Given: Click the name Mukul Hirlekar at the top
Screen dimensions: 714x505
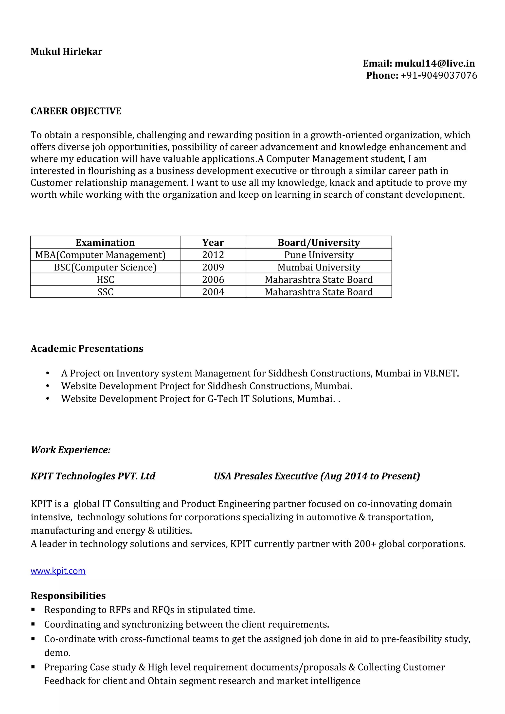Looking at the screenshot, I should pos(66,52).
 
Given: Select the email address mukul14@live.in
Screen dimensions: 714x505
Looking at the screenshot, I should pos(434,64).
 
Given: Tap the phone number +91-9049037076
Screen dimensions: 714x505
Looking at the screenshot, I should pos(438,76).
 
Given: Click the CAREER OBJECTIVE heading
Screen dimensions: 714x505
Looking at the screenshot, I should pos(76,111).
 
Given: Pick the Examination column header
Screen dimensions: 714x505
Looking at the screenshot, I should pos(105,243).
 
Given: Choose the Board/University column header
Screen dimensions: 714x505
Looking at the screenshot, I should pos(319,243).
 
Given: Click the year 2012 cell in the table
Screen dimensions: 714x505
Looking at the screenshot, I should pos(213,255).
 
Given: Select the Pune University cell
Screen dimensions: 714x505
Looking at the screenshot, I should pos(319,255).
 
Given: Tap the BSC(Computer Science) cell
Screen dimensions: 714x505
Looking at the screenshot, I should pos(105,267).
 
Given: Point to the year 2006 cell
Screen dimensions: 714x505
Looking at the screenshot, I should pos(213,280).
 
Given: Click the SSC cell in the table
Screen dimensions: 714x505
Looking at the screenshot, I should pos(105,292).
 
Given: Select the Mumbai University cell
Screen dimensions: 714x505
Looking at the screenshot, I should pos(319,267).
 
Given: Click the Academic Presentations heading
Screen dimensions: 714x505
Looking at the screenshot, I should pos(87,349).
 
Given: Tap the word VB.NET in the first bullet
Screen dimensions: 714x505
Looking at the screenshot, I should pos(441,374).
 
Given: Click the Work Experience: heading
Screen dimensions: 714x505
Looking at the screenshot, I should pos(71,450).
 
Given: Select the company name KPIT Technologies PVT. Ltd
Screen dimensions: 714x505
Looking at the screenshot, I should pos(93,476).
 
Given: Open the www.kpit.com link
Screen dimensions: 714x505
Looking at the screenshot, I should pos(58,571).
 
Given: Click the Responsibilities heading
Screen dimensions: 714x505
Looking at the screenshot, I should pos(68,596).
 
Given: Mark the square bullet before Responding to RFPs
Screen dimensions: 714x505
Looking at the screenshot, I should pos(33,610).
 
